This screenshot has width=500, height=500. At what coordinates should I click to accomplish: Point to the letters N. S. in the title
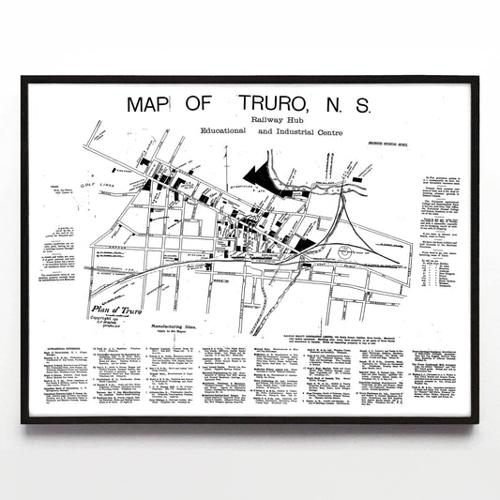[x=348, y=105]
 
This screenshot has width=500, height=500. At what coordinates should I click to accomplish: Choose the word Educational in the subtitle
[x=217, y=133]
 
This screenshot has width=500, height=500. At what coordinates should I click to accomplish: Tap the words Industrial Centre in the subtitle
[x=305, y=133]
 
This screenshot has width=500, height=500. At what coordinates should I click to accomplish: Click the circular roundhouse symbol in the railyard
[x=346, y=252]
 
